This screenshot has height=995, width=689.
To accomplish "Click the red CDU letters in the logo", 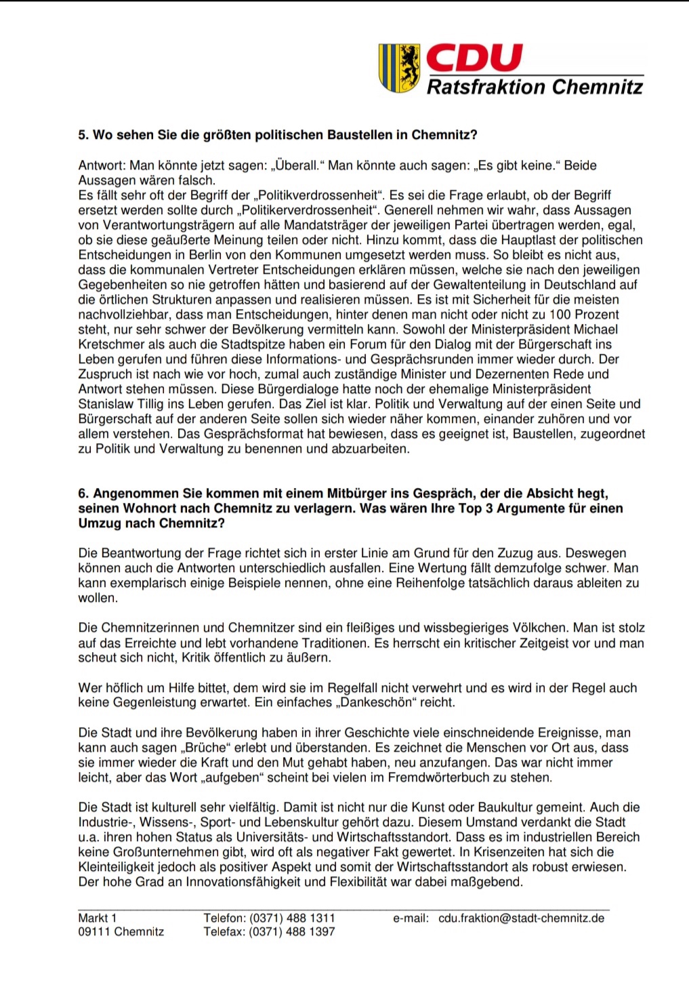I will [x=474, y=58].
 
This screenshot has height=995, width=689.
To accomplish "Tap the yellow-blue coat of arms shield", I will [x=399, y=68].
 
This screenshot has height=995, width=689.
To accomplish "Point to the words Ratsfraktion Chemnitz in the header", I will [x=535, y=87].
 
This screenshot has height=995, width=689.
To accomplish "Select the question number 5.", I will [x=83, y=135].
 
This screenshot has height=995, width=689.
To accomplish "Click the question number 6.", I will [x=83, y=493].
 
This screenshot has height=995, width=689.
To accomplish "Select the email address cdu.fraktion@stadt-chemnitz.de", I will [x=521, y=918].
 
